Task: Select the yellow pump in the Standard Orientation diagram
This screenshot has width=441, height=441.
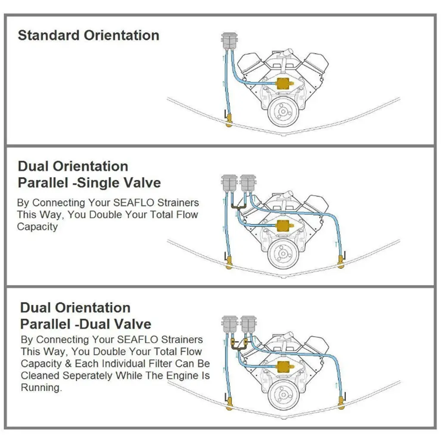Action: tap(283, 84)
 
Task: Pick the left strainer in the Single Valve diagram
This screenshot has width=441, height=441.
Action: tap(229, 184)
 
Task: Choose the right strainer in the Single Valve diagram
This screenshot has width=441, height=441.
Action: tap(247, 184)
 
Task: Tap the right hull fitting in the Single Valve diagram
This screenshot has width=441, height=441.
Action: tap(341, 261)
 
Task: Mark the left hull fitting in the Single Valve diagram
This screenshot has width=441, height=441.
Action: tap(229, 262)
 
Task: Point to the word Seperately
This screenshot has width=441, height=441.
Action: tap(90, 375)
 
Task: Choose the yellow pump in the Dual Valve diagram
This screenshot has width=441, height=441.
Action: tap(283, 366)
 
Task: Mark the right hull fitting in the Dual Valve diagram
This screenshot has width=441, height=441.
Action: tap(341, 403)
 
